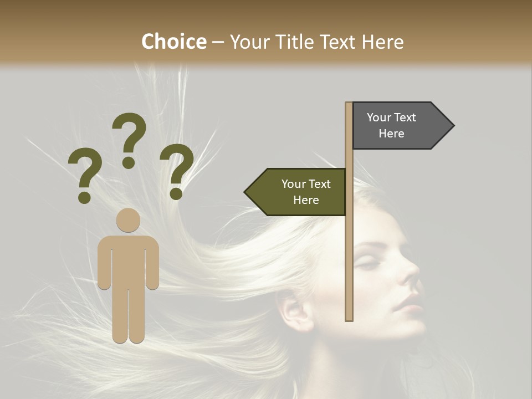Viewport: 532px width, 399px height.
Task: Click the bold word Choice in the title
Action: [173, 42]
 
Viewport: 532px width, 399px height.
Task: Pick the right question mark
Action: [177, 170]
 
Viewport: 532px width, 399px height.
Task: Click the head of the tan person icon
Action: [128, 220]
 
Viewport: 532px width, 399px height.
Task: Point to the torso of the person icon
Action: [128, 260]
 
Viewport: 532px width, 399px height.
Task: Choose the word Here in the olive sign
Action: [306, 200]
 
